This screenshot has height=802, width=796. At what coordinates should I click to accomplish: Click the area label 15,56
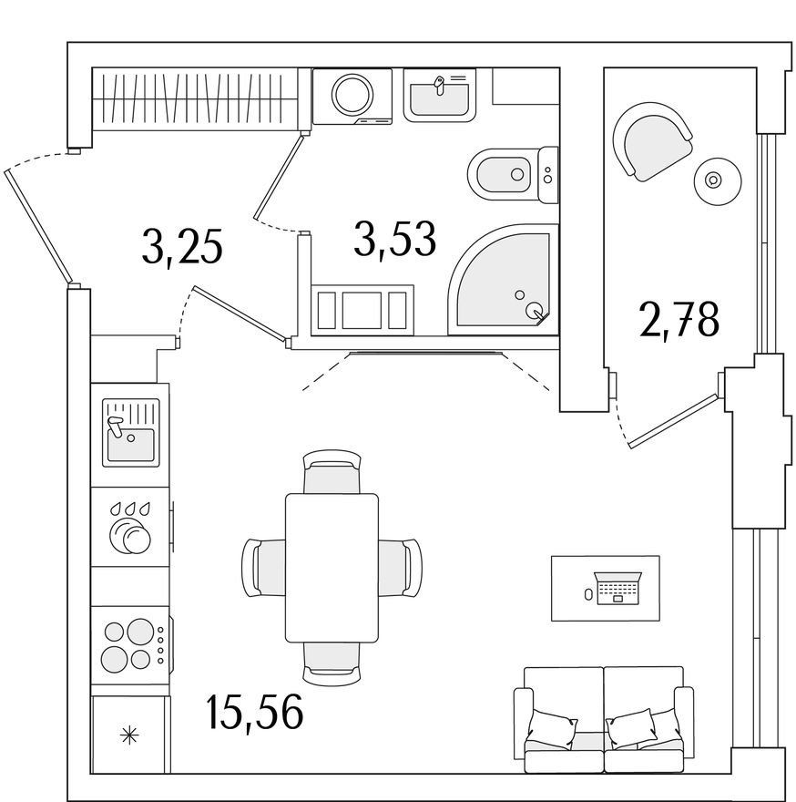[255, 712]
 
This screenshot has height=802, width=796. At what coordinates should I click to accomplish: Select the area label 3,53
[394, 239]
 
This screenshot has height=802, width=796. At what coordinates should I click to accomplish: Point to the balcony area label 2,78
[679, 321]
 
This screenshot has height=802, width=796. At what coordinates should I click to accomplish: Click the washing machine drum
[352, 93]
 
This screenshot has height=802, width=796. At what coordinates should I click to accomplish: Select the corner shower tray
[503, 280]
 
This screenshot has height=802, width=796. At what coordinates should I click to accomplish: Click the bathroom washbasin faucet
[439, 86]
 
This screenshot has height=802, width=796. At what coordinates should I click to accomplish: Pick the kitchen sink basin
[130, 444]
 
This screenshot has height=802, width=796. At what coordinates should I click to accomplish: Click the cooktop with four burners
[130, 644]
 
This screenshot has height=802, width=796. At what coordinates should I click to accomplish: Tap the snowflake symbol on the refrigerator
[129, 736]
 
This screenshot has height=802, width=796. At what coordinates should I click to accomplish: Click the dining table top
[332, 568]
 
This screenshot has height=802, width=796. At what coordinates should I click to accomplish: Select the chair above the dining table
[332, 471]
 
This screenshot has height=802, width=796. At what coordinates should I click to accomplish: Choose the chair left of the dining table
[263, 568]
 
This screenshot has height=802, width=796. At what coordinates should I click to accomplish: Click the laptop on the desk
[617, 588]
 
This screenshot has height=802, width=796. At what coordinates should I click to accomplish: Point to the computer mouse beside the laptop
[588, 594]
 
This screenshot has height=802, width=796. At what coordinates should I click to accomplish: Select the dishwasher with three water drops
[130, 527]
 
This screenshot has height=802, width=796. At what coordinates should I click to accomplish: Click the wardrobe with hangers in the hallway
[195, 98]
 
